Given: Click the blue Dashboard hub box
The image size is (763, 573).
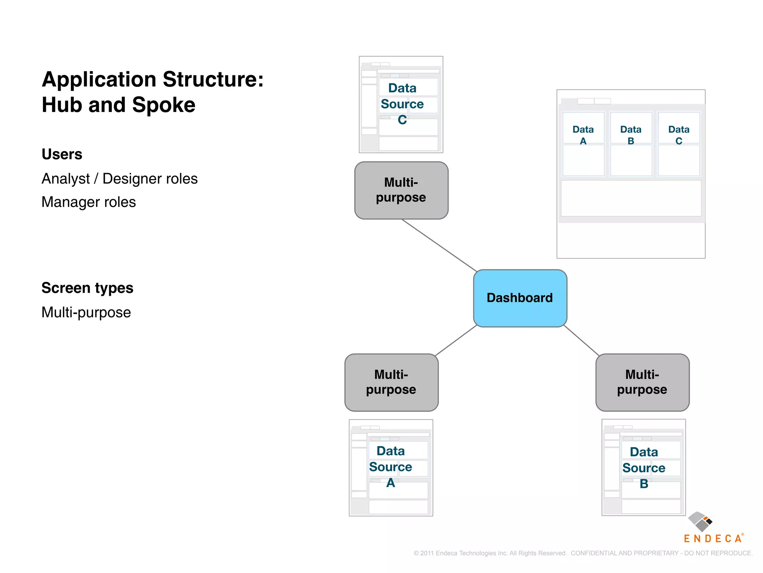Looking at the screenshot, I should click(520, 298).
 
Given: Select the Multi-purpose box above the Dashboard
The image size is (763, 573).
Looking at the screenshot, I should click(401, 190).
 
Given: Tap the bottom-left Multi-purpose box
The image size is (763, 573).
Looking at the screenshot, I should click(391, 382).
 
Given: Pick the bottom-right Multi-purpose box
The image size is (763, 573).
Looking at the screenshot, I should click(642, 382).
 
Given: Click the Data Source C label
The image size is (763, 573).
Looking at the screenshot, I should click(402, 104).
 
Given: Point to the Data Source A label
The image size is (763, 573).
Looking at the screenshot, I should click(390, 467).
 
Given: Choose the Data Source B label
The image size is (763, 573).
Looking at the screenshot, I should click(644, 468).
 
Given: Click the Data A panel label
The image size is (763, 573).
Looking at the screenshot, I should click(583, 135).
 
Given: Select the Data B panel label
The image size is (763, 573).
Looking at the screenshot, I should click(631, 135).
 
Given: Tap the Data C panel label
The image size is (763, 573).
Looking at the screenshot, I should click(679, 135).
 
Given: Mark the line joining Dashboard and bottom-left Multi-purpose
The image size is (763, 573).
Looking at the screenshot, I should click(456, 341).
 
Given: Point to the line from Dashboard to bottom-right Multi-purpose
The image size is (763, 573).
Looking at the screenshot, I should click(582, 341).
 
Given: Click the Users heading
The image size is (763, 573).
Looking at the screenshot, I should click(62, 154).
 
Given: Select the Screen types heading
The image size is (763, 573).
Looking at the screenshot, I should click(87, 288).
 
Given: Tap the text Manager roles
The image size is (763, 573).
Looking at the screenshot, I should click(89, 202).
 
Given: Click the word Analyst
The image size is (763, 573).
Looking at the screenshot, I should click(66, 179).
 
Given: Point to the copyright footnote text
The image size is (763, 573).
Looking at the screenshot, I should click(583, 553).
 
